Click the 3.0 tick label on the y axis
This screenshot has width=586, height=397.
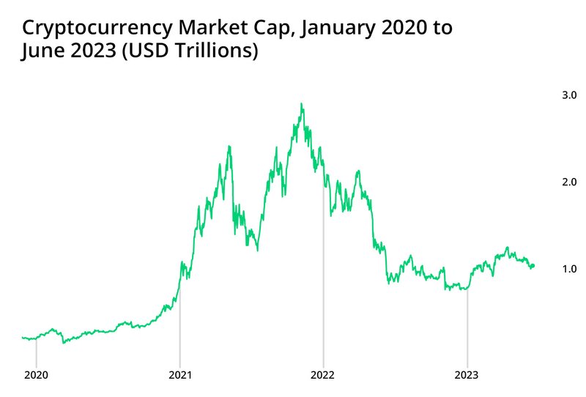point(568,95)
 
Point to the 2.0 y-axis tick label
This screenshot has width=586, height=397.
point(568,182)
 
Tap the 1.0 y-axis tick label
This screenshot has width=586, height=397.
point(568,269)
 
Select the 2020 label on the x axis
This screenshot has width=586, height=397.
point(36,375)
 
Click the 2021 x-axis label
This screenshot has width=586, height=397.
point(179,375)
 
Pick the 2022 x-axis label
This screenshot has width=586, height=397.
point(323,375)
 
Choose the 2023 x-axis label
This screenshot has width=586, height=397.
point(467,375)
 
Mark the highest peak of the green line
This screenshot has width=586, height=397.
point(302,104)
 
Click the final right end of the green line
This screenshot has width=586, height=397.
point(533,265)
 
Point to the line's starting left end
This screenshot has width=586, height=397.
point(23,338)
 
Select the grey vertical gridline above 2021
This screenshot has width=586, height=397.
point(179,322)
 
